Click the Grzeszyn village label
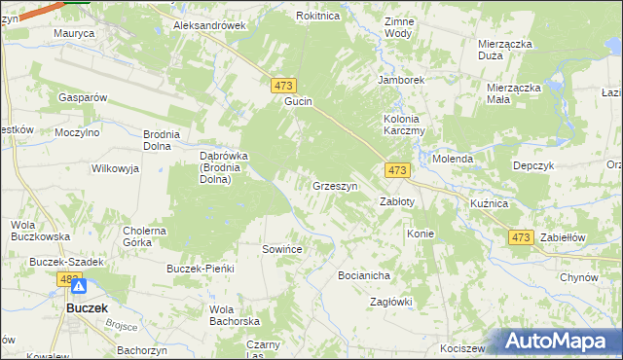(335, 186)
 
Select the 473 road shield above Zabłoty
(396, 170)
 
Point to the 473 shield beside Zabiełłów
(521, 237)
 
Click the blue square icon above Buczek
(80, 287)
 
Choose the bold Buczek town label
(86, 307)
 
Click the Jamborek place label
(403, 80)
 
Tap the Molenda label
(453, 159)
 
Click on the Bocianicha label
(364, 275)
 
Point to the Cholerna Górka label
(143, 237)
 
